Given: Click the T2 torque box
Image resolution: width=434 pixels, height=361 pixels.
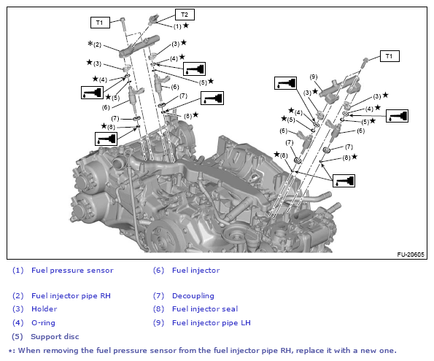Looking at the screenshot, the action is click(185, 15).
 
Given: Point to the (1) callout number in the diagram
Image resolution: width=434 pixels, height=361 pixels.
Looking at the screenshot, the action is click(177, 26).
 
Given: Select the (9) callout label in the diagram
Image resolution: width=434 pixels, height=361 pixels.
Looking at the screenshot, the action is click(314, 77).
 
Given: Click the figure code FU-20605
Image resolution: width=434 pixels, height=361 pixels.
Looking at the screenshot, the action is click(411, 255).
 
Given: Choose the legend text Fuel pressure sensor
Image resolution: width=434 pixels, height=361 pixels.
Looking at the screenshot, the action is click(72, 270).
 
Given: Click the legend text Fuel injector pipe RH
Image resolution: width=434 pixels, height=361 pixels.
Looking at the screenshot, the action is click(71, 295).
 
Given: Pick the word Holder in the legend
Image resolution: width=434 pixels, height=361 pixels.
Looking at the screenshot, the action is click(44, 308).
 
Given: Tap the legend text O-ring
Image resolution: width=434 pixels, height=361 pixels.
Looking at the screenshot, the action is click(43, 322).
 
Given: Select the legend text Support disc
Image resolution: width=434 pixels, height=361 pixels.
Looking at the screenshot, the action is click(55, 336).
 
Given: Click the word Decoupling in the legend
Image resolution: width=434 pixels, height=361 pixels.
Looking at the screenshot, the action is click(193, 295).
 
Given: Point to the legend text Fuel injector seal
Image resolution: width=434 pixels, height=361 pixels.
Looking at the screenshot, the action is click(205, 308).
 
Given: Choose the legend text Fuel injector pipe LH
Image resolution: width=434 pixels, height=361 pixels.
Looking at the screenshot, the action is click(212, 322).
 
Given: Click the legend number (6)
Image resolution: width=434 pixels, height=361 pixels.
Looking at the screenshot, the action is click(158, 270).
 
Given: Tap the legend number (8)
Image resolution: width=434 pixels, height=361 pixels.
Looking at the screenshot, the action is click(158, 308).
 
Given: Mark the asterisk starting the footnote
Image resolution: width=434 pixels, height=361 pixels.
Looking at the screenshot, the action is click(10, 351).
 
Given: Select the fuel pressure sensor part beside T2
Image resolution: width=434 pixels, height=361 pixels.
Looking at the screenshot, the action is click(153, 20).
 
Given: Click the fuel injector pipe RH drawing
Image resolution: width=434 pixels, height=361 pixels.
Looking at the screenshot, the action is click(139, 46).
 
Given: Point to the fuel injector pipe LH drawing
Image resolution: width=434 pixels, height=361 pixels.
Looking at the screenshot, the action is click(340, 89).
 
